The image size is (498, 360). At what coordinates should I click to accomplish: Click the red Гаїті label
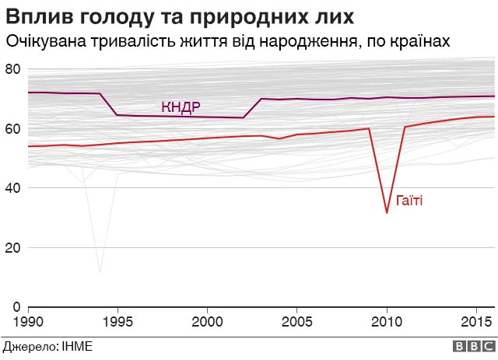click(x=409, y=201)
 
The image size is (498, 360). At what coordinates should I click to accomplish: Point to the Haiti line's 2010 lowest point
click(x=387, y=212)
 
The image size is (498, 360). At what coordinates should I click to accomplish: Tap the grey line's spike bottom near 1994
click(x=100, y=272)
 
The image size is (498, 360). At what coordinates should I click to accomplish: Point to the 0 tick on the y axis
click(x=16, y=307)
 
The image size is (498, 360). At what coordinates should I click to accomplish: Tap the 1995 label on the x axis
click(x=117, y=321)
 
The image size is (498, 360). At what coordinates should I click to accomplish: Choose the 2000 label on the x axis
click(x=207, y=321)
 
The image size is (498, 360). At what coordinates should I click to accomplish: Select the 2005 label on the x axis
click(x=297, y=321)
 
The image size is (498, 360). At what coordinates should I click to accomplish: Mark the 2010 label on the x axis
click(x=387, y=321)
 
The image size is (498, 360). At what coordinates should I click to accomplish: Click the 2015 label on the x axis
click(x=476, y=321)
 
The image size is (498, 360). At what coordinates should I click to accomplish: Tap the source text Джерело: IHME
click(x=47, y=347)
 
